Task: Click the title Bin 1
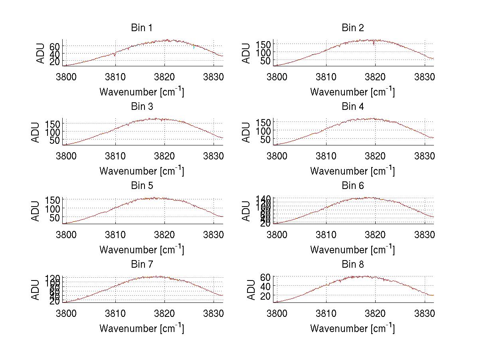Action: click(x=142, y=28)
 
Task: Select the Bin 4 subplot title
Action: click(x=353, y=107)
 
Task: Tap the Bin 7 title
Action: click(x=142, y=265)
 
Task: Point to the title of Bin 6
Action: click(x=353, y=186)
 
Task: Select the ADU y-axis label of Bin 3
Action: click(x=36, y=133)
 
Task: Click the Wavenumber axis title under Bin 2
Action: click(x=352, y=92)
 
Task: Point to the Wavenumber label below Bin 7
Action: click(x=142, y=328)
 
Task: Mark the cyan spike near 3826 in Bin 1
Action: click(x=194, y=48)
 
